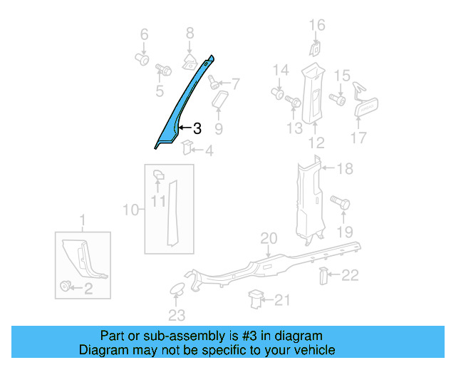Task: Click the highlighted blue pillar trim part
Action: click(178, 107)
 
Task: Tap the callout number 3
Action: click(197, 128)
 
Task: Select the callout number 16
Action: click(316, 26)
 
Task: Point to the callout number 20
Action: click(268, 238)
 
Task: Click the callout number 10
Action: click(130, 210)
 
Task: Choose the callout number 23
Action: click(176, 314)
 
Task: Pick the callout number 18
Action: click(345, 169)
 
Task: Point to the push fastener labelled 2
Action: click(66, 287)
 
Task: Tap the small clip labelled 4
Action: click(187, 148)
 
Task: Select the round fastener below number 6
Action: click(142, 60)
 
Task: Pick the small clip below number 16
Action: click(314, 48)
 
